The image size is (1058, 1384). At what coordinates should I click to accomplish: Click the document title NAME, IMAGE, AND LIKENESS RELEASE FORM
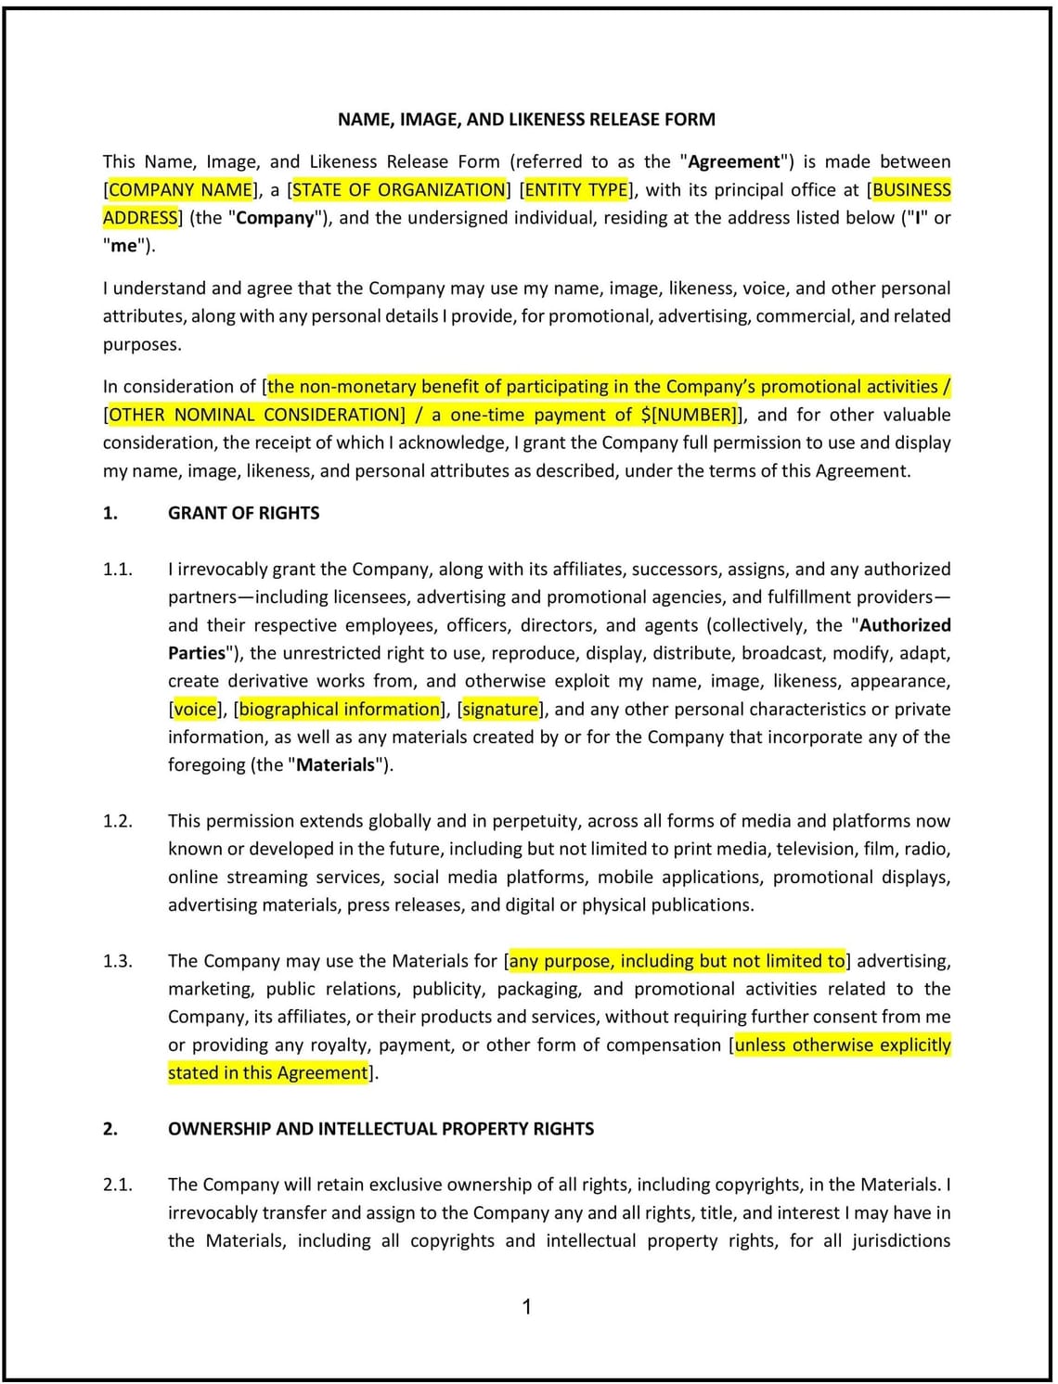point(526,120)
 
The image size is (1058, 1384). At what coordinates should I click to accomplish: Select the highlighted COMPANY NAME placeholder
point(181,190)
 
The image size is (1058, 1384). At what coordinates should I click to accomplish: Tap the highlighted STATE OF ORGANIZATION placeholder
point(399,190)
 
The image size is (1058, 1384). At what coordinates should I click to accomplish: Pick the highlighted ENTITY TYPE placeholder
point(576,190)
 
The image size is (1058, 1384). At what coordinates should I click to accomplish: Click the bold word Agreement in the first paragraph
point(734,162)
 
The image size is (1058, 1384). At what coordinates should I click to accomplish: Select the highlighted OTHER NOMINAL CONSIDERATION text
point(257,415)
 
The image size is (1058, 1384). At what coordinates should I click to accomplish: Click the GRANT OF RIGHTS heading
point(243,513)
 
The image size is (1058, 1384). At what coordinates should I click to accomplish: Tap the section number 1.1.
point(117,570)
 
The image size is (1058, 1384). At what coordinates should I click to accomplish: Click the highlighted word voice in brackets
point(195,710)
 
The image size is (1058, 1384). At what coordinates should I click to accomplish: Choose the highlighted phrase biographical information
point(340,710)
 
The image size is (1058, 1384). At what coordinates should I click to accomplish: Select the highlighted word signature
point(500,710)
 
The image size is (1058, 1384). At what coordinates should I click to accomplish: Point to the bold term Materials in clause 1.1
point(335,765)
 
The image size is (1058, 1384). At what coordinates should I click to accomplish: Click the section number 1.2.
point(117,821)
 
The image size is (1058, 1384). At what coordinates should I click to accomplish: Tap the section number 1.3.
point(117,961)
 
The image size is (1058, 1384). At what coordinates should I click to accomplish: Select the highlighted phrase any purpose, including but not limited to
point(677,961)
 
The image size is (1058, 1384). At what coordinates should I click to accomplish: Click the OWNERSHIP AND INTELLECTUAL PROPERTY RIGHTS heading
point(381,1129)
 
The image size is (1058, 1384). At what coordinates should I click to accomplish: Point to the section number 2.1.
point(117,1185)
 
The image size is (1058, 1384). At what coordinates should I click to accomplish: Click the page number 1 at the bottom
point(527,1307)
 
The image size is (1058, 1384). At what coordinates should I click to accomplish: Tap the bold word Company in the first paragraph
point(275,218)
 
